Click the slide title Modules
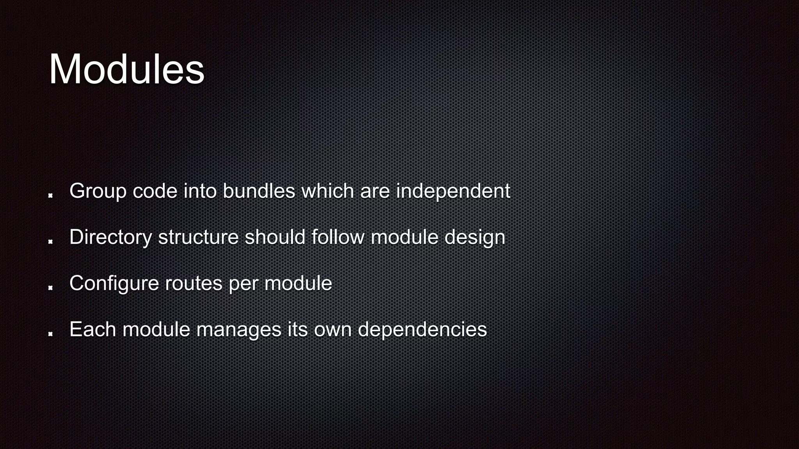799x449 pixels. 126,69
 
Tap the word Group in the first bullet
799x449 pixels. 98,191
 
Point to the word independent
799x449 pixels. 453,191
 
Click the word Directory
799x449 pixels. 110,237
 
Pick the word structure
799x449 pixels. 198,237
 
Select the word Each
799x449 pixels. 92,329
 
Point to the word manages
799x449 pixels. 238,329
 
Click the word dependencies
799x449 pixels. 422,329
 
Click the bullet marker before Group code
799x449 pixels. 50,195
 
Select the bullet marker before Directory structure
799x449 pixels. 50,241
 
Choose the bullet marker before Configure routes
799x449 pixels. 50,288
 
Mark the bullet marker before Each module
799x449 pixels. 50,334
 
